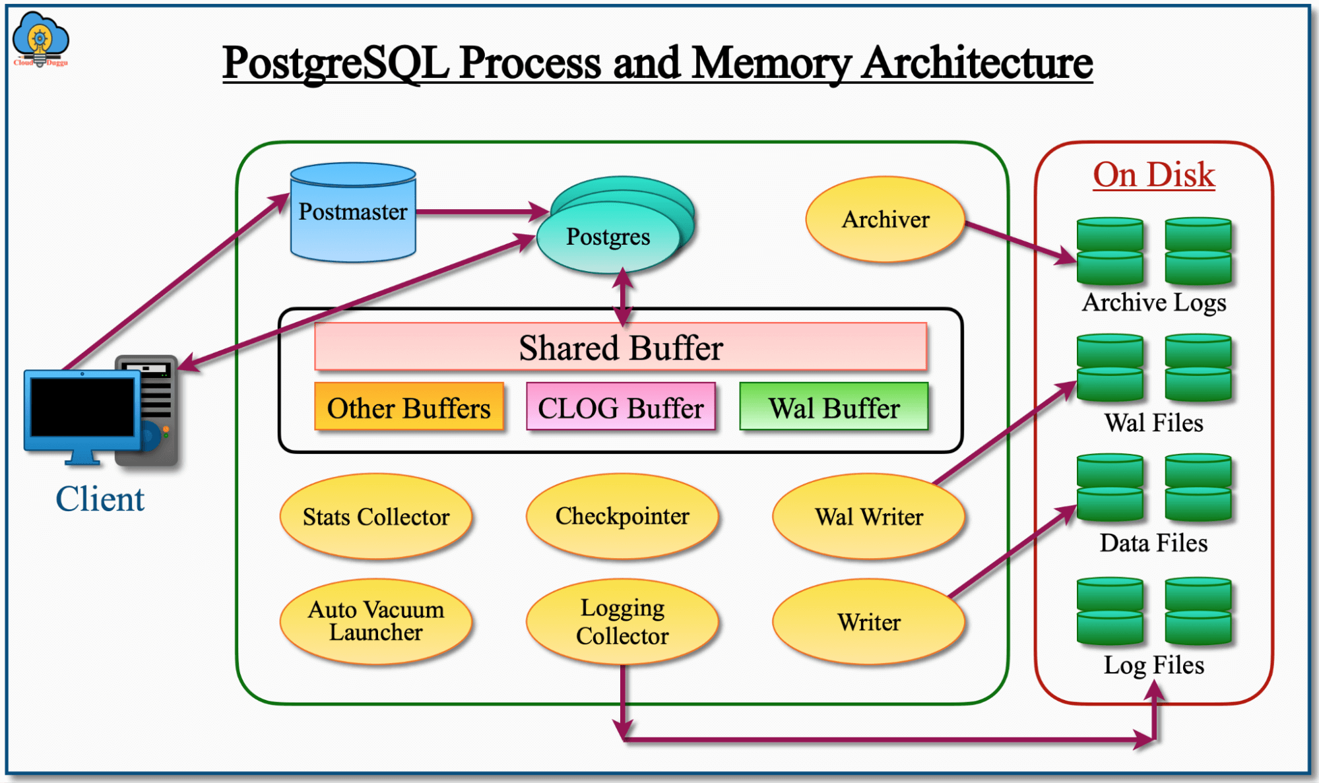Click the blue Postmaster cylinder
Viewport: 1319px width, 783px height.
tap(353, 212)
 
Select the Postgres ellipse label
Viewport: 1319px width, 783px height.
tap(608, 237)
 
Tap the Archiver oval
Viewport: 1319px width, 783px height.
tap(885, 220)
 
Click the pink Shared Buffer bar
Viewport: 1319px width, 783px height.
tap(620, 347)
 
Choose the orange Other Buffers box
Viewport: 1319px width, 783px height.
tap(408, 407)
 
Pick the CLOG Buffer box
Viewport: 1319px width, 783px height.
tap(620, 407)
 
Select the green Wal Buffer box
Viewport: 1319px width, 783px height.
tap(833, 407)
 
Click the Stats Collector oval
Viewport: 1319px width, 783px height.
tap(375, 517)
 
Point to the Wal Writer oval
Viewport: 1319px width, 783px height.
tap(868, 517)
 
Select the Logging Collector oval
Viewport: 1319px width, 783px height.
tap(622, 621)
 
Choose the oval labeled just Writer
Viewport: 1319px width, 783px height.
tap(868, 621)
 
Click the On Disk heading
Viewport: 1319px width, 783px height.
tap(1153, 175)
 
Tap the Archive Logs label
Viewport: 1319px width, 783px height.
tap(1153, 302)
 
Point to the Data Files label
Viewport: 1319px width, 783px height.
tap(1153, 543)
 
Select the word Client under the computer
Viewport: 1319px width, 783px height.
tap(100, 499)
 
